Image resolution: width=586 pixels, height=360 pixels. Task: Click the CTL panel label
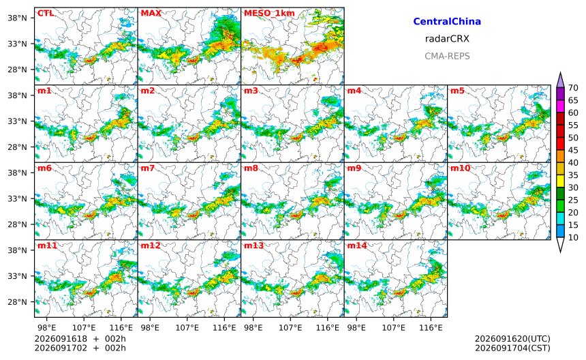point(45,13)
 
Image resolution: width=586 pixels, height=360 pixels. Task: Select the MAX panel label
point(151,13)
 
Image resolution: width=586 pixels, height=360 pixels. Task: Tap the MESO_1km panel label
point(269,14)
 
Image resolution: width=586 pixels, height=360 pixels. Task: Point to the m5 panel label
point(457,91)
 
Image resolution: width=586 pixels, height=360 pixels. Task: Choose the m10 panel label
point(460,168)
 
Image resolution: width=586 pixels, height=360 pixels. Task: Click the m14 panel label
point(357,245)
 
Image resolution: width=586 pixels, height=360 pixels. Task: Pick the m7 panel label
point(148,168)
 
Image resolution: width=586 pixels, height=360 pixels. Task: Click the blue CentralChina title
point(447,21)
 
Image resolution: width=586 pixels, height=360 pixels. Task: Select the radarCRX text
point(447,38)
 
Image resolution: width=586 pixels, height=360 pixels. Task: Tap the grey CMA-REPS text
point(447,56)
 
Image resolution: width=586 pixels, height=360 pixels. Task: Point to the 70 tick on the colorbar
point(573,88)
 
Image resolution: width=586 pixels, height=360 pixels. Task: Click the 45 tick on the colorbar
point(573,150)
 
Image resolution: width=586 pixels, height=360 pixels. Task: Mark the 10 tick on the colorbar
point(573,237)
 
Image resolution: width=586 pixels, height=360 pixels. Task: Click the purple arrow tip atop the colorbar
point(560,72)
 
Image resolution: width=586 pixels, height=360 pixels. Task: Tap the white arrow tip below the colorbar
point(560,252)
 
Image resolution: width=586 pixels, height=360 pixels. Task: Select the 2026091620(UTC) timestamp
point(512,339)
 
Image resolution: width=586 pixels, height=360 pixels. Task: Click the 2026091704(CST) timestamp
point(512,348)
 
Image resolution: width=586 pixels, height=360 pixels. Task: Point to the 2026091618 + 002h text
point(80,339)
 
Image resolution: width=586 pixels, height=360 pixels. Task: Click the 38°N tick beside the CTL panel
point(18,18)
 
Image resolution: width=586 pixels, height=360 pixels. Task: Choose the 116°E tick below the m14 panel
point(431,328)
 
